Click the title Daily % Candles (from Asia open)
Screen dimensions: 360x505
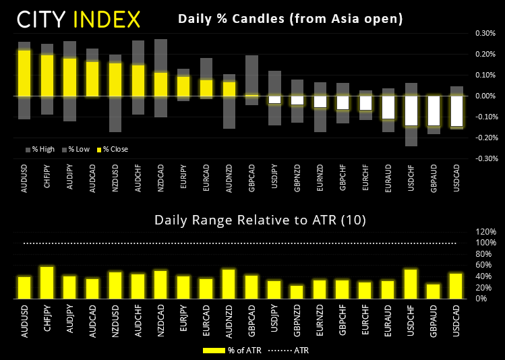pyautogui.click(x=290, y=19)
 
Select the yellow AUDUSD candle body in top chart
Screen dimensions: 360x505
pyautogui.click(x=24, y=73)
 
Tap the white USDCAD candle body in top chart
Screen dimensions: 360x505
pyautogui.click(x=456, y=111)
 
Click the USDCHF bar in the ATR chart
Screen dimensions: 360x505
pyautogui.click(x=411, y=284)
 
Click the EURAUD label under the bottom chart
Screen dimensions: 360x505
pyautogui.click(x=388, y=317)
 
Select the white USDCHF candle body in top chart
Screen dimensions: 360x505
pyautogui.click(x=411, y=111)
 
